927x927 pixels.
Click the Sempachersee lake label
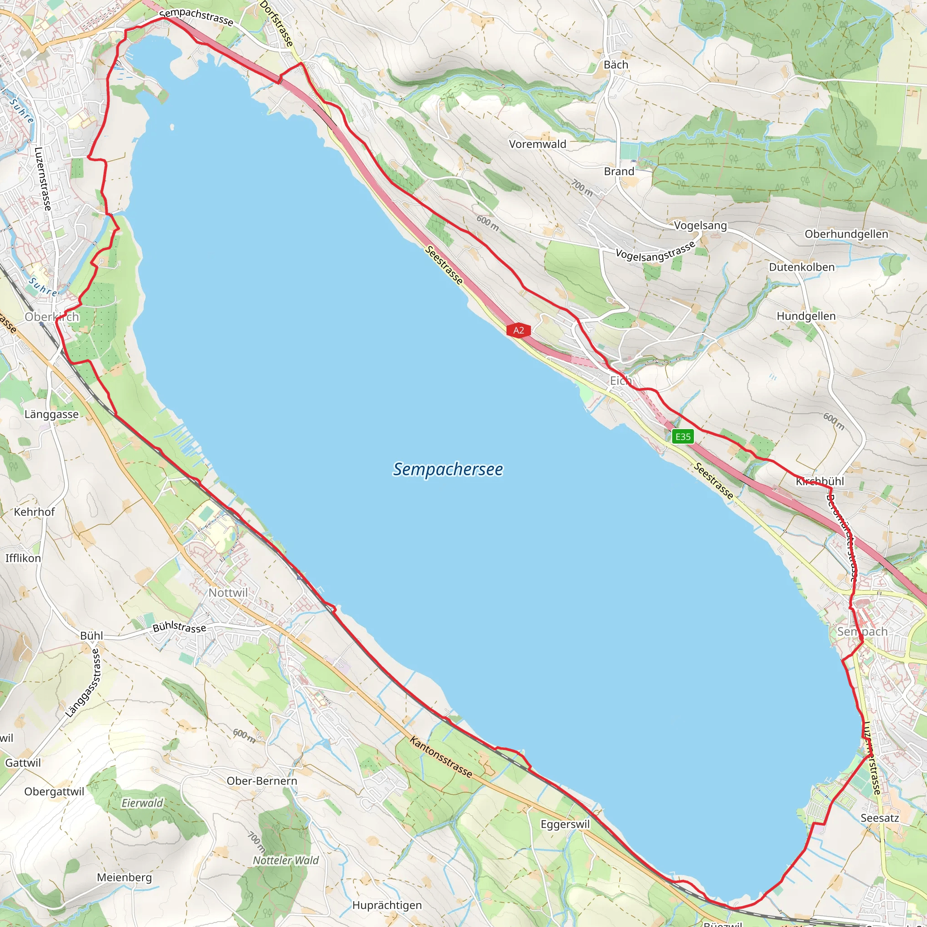[448, 469]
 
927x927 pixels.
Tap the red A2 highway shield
[518, 330]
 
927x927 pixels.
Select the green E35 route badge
[682, 436]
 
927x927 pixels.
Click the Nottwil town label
[228, 593]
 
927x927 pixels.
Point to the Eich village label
[620, 381]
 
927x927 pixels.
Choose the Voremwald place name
[537, 144]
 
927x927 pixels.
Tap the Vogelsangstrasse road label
[655, 251]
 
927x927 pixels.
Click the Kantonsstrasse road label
[440, 757]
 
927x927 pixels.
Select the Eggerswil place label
[565, 824]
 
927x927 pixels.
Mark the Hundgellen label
[806, 316]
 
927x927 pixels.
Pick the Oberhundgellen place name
[846, 234]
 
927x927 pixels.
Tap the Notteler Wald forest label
[286, 860]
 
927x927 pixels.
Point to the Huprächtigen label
[387, 905]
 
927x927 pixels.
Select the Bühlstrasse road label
[179, 627]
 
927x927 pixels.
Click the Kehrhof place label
[34, 512]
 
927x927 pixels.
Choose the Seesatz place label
[879, 817]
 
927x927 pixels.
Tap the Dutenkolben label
[802, 267]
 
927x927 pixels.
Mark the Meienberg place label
[124, 878]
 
